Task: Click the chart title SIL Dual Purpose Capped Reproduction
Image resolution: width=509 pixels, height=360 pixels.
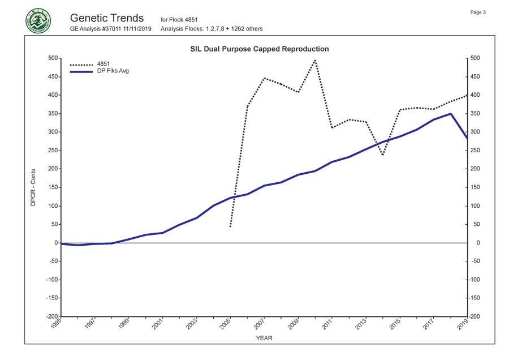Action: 259,49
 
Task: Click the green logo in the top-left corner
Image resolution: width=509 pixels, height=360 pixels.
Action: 37,21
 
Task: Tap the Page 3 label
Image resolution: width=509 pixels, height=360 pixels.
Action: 478,12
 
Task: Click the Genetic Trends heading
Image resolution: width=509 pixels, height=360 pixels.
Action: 107,18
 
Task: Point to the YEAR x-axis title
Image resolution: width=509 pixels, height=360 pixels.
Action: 264,338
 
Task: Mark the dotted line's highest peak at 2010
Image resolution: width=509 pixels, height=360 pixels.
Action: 314,59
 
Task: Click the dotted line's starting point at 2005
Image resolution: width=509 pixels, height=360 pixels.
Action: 230,227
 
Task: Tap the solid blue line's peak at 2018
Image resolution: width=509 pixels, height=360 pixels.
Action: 450,114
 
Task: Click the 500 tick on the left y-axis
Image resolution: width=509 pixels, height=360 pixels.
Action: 53,58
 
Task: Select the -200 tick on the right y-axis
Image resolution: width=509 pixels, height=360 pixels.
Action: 474,316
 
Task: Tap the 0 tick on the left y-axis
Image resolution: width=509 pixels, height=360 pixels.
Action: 56,243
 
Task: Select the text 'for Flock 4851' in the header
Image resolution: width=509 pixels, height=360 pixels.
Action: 179,20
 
